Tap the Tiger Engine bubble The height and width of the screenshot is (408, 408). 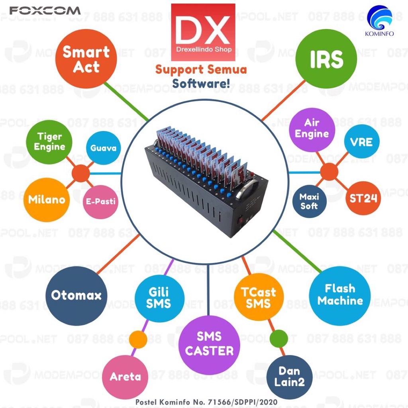click(x=49, y=142)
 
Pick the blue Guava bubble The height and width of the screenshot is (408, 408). click(x=103, y=148)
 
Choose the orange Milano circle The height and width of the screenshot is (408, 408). click(x=46, y=199)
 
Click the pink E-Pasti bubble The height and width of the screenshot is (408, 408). click(x=101, y=201)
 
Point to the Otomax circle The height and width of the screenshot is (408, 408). click(x=76, y=296)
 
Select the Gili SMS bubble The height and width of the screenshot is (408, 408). click(x=159, y=298)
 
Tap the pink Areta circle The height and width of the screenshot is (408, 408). click(x=125, y=376)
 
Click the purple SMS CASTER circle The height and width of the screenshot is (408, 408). click(x=209, y=344)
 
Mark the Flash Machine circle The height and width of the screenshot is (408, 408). click(x=340, y=295)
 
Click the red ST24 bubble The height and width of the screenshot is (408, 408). click(x=363, y=198)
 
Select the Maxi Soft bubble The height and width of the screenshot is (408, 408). click(x=309, y=201)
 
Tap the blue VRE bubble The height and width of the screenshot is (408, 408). click(x=361, y=141)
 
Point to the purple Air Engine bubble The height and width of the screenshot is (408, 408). click(x=312, y=128)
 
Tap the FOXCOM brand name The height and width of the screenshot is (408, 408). click(x=45, y=11)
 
